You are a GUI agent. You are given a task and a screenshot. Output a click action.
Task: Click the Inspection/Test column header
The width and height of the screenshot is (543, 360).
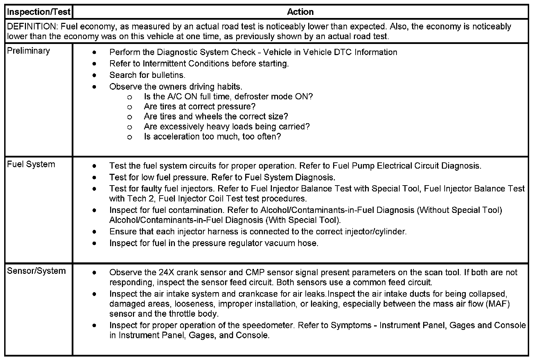click(x=39, y=12)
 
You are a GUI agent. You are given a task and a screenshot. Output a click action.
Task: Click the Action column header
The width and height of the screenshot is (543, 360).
click(x=300, y=12)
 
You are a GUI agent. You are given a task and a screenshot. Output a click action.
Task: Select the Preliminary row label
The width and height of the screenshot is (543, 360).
click(x=28, y=51)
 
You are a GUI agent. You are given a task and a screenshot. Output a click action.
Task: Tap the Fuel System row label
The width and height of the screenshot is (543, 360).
click(x=31, y=164)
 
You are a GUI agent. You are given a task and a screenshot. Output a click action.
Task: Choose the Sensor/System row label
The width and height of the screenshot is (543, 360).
click(x=36, y=271)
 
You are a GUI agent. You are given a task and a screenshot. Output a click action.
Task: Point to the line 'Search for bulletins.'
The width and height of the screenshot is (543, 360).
click(x=147, y=75)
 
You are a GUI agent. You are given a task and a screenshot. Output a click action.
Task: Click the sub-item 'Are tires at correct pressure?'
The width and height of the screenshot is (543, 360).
click(x=199, y=107)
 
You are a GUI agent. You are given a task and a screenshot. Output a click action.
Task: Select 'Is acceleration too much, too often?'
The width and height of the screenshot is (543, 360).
click(x=212, y=137)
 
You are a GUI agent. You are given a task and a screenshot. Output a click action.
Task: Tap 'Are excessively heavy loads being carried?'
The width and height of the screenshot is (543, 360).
click(x=227, y=127)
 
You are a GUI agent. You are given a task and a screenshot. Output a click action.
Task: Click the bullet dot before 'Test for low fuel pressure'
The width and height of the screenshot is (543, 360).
click(x=95, y=178)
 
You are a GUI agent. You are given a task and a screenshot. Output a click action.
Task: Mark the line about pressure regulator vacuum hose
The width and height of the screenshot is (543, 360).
click(x=214, y=243)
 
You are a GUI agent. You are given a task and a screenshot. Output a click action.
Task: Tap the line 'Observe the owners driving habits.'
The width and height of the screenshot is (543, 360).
click(x=176, y=87)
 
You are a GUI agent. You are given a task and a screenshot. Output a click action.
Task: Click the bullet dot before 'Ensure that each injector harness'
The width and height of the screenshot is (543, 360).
click(x=95, y=232)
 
